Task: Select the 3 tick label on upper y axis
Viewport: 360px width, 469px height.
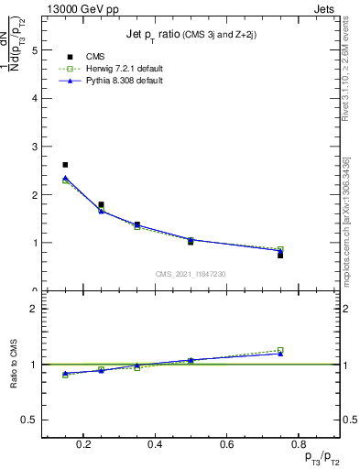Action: coord(34,147)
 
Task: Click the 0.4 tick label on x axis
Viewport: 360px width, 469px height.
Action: coord(155,445)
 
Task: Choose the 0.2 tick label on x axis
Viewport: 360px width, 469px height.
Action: coord(83,445)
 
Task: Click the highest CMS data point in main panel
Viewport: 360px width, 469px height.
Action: coord(65,165)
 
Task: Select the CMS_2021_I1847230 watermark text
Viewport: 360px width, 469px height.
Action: coord(191,273)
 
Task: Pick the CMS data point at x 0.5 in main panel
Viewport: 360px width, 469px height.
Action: coord(191,242)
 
